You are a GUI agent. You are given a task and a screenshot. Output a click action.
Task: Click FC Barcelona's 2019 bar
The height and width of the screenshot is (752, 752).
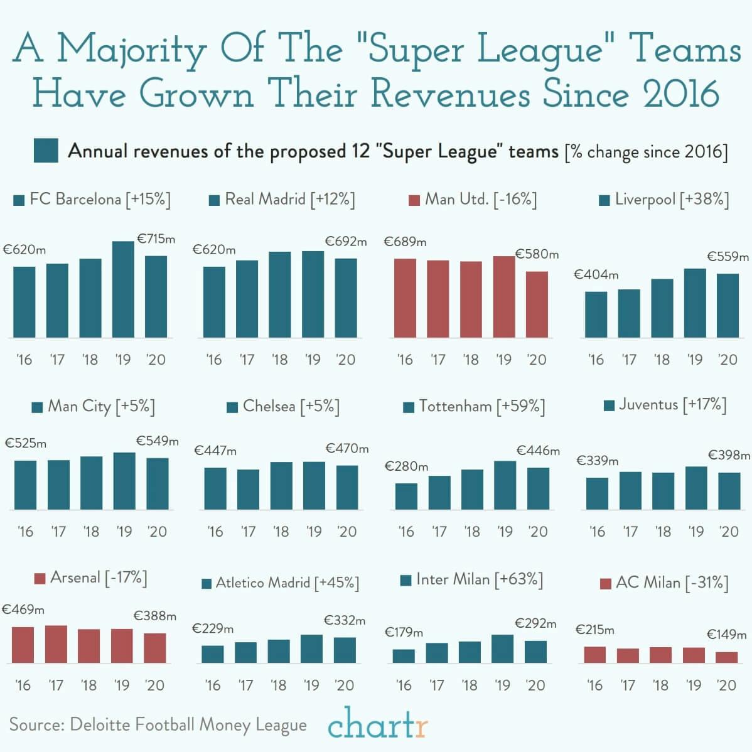pyautogui.click(x=123, y=289)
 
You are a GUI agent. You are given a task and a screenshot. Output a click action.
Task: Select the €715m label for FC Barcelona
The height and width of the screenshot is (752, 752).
pyautogui.click(x=156, y=239)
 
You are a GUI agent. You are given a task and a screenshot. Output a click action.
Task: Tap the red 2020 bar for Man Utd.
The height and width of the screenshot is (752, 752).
pyautogui.click(x=537, y=304)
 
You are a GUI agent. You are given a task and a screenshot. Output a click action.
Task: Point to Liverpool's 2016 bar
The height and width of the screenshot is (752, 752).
pyautogui.click(x=596, y=314)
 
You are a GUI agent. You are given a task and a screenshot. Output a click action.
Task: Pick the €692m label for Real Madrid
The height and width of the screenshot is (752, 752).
pyautogui.click(x=346, y=241)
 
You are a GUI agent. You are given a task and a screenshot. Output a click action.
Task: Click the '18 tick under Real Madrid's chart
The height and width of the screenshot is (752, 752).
pyautogui.click(x=279, y=360)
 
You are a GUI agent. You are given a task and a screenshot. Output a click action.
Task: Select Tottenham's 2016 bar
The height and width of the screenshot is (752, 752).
pyautogui.click(x=406, y=496)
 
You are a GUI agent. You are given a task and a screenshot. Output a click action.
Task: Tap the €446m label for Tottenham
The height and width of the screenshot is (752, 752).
pyautogui.click(x=538, y=451)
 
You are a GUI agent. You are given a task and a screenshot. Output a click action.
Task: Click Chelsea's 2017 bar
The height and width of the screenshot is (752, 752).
pyautogui.click(x=248, y=489)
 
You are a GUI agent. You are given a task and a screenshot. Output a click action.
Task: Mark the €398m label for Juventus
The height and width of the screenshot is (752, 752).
pyautogui.click(x=729, y=455)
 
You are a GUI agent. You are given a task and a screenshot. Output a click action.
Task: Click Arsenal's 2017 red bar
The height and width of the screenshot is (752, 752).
pyautogui.click(x=56, y=644)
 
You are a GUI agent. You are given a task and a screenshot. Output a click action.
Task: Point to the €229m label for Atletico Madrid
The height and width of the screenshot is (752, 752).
pyautogui.click(x=213, y=628)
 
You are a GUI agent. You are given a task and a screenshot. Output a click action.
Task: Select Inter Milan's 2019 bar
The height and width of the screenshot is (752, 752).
pyautogui.click(x=502, y=648)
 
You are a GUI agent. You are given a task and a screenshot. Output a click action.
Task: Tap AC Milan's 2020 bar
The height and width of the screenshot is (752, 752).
pyautogui.click(x=726, y=657)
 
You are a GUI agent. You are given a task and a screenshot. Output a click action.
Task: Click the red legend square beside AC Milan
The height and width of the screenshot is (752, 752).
pyautogui.click(x=606, y=584)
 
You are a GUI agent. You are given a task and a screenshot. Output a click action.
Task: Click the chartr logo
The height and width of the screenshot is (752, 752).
pyautogui.click(x=377, y=725)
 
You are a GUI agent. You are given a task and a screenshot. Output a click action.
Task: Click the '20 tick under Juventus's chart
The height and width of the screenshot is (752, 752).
pyautogui.click(x=729, y=532)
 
